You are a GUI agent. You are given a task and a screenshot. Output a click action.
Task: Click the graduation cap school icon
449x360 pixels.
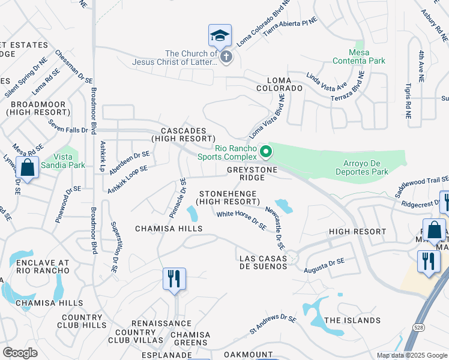(x=220, y=35)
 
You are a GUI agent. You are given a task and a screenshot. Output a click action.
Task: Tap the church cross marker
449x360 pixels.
(x=226, y=58)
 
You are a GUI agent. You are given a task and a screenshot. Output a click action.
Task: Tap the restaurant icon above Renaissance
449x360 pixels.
(x=174, y=279)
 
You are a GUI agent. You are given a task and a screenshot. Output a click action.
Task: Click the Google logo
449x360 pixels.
(x=20, y=352)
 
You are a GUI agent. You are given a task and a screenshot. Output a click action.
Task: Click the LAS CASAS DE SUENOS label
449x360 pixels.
(x=264, y=262)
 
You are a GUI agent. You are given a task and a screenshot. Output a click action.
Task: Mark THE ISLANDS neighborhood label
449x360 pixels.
(x=349, y=320)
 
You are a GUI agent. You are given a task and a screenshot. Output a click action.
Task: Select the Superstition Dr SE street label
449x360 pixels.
(x=113, y=247)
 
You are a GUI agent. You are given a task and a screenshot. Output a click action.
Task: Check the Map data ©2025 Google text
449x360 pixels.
(x=411, y=355)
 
